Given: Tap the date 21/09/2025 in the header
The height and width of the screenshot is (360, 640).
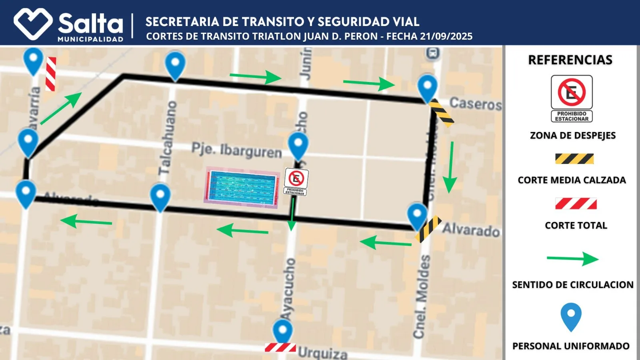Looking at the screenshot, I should pyautogui.click(x=446, y=36).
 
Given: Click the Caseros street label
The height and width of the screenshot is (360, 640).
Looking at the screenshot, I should pyautogui.click(x=475, y=104).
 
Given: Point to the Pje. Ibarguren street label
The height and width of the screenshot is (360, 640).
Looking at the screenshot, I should pyautogui.click(x=236, y=150).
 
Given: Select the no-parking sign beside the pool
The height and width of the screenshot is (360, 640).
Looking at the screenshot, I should pyautogui.click(x=296, y=181).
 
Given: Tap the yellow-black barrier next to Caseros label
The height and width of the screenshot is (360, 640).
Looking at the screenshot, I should pyautogui.click(x=441, y=114).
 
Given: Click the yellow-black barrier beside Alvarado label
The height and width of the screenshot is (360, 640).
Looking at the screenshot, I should pyautogui.click(x=428, y=229).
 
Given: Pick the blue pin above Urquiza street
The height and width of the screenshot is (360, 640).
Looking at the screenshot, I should pyautogui.click(x=282, y=331).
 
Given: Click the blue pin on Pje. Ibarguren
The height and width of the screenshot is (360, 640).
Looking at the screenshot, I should pyautogui.click(x=298, y=146).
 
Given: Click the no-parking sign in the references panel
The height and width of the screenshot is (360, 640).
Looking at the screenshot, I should pyautogui.click(x=572, y=98).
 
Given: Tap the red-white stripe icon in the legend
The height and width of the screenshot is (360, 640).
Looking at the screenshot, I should pyautogui.click(x=576, y=204).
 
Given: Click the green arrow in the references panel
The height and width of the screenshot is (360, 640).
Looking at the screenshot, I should pyautogui.click(x=572, y=259).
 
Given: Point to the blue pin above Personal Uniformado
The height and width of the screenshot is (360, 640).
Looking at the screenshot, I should pyautogui.click(x=571, y=316).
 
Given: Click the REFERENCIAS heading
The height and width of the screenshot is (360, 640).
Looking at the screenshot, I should pyautogui.click(x=570, y=60).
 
